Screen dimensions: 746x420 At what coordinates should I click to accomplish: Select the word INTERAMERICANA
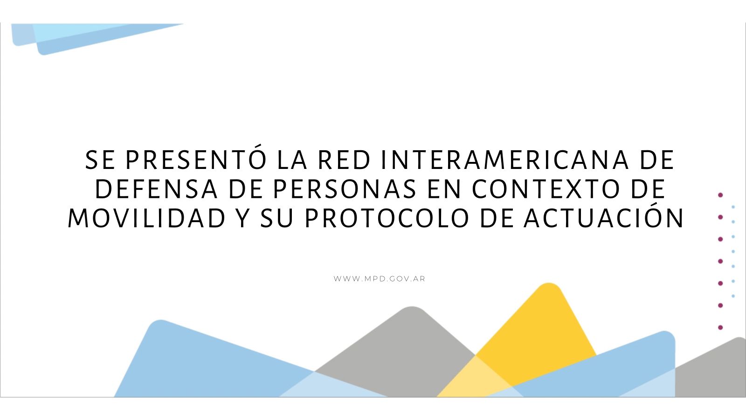[x=504, y=160]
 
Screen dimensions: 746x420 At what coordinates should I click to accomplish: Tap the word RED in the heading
[x=344, y=160]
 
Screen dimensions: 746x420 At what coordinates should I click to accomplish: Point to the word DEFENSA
[x=156, y=189]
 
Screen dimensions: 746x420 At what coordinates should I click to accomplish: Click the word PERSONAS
[x=345, y=189]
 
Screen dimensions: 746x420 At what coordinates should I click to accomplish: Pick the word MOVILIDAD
[x=147, y=218]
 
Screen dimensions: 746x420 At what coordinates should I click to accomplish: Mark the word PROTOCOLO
[x=387, y=218]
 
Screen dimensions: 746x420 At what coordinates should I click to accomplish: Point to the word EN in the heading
[x=444, y=189]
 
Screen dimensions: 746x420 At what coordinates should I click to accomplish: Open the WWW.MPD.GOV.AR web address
[x=380, y=279]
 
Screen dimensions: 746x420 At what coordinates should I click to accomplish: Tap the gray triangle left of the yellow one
[x=400, y=350]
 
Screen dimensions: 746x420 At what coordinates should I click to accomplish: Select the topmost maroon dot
[x=720, y=195]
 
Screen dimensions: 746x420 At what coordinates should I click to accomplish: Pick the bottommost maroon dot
[x=720, y=327]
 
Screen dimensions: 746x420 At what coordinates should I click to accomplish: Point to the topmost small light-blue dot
[x=733, y=207]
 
